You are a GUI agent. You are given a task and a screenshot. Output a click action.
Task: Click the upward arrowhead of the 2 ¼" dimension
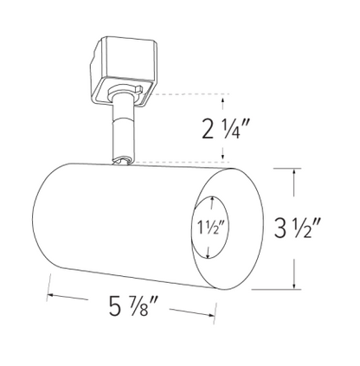coord(228,97)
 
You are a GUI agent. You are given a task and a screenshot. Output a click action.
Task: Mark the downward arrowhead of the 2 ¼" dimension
coord(228,157)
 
